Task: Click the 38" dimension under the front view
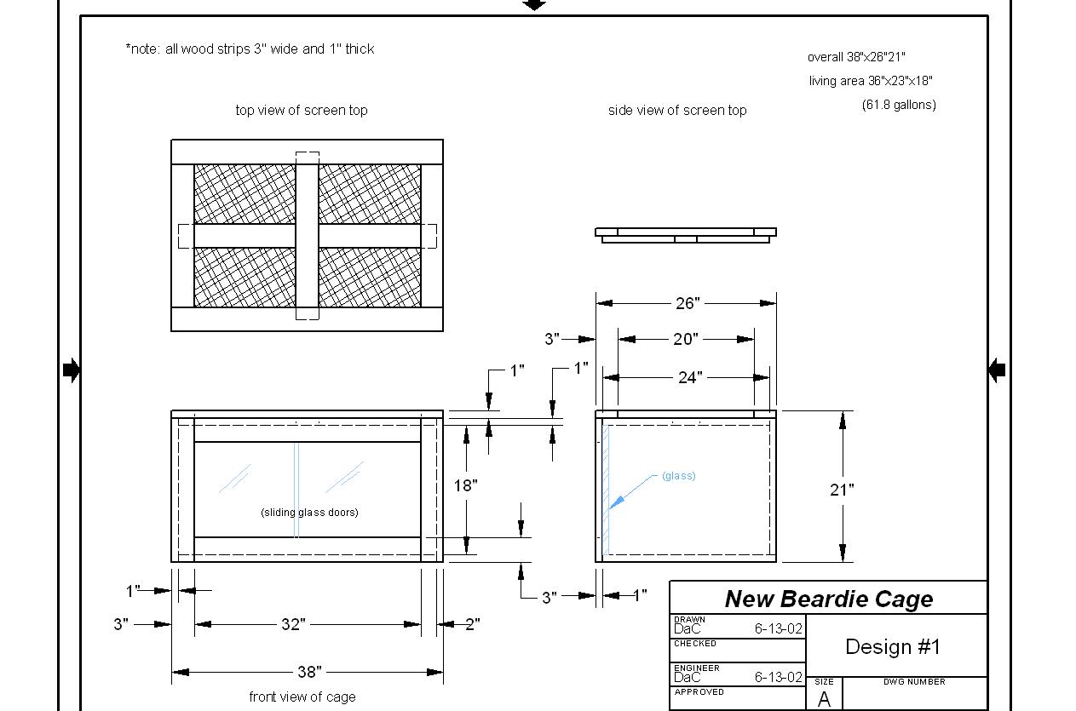click(x=309, y=672)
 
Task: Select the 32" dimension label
click(x=293, y=624)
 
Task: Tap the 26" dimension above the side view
click(x=688, y=303)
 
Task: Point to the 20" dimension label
click(x=686, y=339)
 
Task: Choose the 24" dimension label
click(x=690, y=377)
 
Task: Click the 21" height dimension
click(x=842, y=490)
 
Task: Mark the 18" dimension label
click(x=465, y=486)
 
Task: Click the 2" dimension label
click(x=473, y=624)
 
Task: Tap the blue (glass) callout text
click(x=679, y=476)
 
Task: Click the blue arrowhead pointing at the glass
click(x=616, y=502)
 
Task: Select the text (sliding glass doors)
click(x=309, y=513)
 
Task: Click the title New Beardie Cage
click(x=829, y=599)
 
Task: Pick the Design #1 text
click(x=893, y=646)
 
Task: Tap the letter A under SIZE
click(x=825, y=699)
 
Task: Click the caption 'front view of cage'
click(x=302, y=697)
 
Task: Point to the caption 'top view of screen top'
click(x=302, y=110)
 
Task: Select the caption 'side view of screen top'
click(x=677, y=111)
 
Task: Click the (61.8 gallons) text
click(x=899, y=105)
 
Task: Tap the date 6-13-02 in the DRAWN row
click(x=778, y=628)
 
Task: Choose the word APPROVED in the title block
click(x=699, y=691)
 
